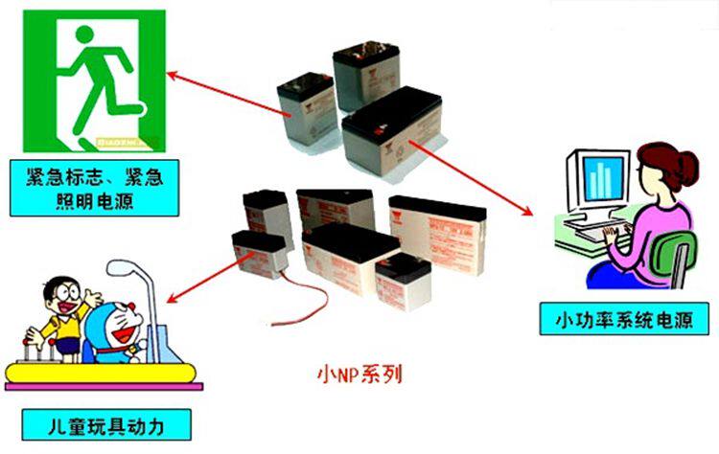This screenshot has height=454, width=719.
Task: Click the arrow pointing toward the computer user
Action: (x=470, y=178)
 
